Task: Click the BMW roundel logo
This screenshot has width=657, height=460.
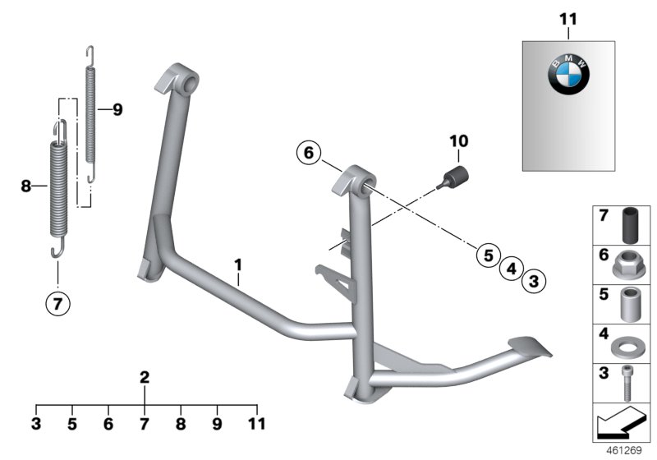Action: coord(568,75)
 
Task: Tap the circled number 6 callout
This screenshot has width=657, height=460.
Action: coord(309,153)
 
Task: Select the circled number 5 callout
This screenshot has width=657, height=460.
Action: coord(489,255)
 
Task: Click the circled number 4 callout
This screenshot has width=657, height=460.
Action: coord(511,268)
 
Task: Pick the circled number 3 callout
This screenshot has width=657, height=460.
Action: coord(534,281)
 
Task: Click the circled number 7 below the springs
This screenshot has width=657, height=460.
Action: coord(57,303)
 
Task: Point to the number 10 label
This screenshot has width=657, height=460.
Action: coord(459,141)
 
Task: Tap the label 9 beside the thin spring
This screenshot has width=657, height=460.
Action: coord(117,110)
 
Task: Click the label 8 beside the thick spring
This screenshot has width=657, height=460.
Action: coord(26,186)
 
